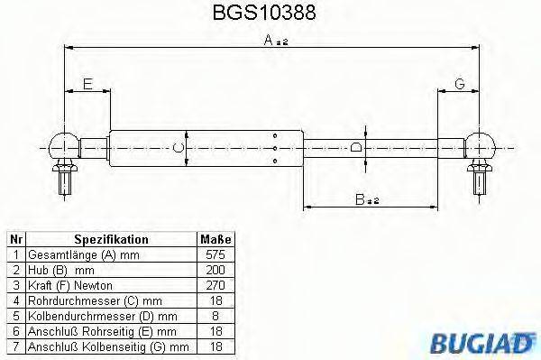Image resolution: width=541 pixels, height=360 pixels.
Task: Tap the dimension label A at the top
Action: point(270,41)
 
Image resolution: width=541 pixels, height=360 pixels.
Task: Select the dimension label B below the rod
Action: point(363,200)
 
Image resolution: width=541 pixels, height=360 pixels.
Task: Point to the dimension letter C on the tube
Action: point(178,147)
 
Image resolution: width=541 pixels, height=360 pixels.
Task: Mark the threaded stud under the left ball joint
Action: point(66,180)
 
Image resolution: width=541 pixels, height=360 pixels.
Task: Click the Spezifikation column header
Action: point(111,240)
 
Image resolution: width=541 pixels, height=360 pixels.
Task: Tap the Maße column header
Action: point(215,240)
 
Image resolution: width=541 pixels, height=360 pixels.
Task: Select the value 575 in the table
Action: point(215,255)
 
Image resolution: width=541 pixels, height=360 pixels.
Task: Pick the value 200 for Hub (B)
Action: point(215,270)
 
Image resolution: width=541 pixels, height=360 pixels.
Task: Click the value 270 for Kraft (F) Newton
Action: point(215,285)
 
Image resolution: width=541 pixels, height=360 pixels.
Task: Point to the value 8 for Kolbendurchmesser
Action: point(215,315)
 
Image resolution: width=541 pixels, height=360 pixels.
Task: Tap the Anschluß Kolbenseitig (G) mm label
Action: point(107,345)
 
